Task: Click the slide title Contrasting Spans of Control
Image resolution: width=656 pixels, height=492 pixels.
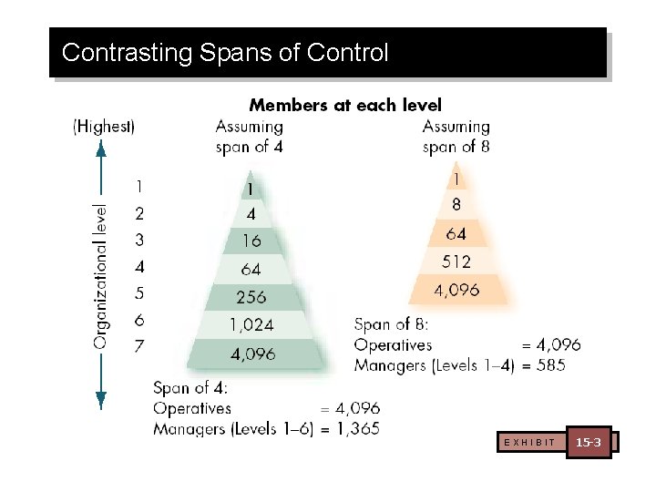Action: [225, 53]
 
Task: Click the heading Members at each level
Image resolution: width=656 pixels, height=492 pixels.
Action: [345, 106]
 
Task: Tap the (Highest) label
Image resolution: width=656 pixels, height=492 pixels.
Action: [104, 127]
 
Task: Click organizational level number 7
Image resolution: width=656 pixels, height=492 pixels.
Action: [138, 347]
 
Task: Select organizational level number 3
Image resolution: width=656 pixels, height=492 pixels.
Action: [138, 241]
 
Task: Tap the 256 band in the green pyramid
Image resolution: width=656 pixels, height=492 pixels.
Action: [251, 297]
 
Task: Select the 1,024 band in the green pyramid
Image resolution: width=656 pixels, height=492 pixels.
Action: [251, 324]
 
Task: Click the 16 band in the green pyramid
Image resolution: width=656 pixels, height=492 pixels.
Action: [251, 241]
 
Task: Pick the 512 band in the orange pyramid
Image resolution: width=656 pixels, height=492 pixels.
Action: [456, 262]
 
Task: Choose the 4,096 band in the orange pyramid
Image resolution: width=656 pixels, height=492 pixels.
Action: [456, 291]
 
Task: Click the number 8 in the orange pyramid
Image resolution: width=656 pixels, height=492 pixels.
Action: [456, 206]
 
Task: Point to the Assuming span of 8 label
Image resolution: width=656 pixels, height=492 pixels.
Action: [456, 137]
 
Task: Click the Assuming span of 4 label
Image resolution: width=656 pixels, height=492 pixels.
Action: [250, 137]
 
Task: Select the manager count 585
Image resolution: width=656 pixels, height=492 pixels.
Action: [550, 365]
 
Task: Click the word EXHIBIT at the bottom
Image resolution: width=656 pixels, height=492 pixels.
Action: [528, 443]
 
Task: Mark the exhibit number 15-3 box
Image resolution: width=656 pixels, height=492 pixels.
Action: [588, 443]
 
